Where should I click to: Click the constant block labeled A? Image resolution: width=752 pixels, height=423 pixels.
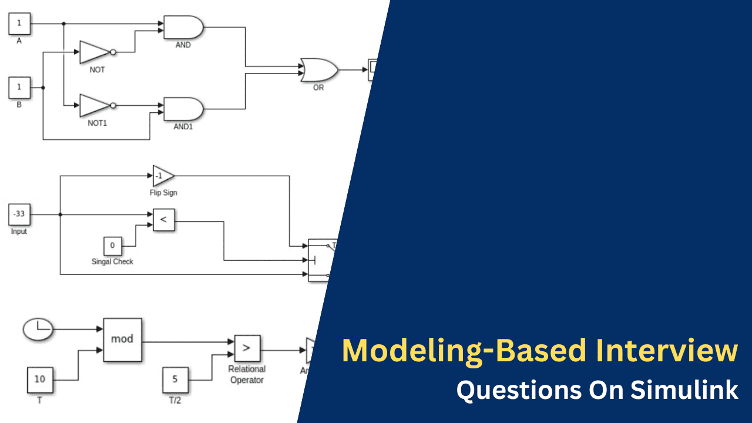pos(19,24)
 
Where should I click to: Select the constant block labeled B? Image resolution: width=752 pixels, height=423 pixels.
pos(19,88)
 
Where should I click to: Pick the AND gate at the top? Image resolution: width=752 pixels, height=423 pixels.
pos(183,27)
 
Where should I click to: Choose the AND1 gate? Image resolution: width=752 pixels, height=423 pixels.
pos(183,109)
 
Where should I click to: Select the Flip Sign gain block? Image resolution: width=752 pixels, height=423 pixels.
pos(163,176)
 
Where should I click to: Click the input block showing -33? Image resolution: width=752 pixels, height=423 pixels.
pos(19,214)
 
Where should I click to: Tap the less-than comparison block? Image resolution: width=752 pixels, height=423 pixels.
pos(164,220)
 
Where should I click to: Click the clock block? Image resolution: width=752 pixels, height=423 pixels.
pos(38,329)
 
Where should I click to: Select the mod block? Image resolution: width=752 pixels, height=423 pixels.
pos(122,340)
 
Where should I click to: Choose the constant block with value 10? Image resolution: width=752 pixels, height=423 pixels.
pos(39,380)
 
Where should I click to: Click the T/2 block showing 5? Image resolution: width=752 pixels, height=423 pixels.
pos(175,380)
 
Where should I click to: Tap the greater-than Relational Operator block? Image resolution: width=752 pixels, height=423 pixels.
pos(247,348)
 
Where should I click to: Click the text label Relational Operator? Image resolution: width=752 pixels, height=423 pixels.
pos(247,374)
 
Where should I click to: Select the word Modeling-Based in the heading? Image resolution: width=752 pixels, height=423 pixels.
pos(464,351)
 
